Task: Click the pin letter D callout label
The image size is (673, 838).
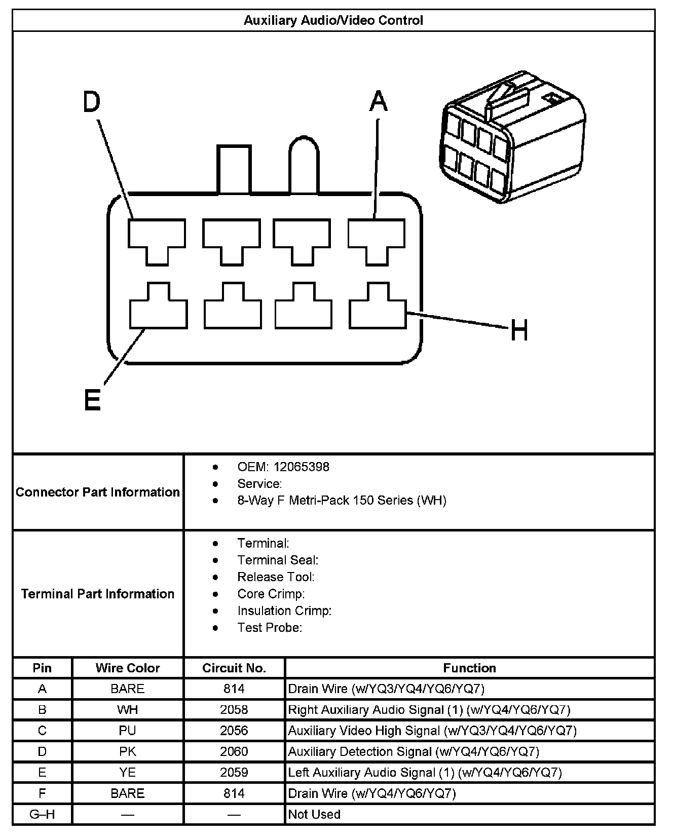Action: tap(92, 102)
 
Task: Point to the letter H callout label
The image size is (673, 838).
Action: tap(519, 330)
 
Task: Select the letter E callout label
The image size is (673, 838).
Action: tap(92, 400)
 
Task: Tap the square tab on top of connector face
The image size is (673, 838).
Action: tap(234, 170)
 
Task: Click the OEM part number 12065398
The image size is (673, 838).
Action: tap(301, 467)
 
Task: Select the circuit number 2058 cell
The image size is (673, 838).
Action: tap(234, 709)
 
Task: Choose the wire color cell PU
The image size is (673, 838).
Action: tap(127, 731)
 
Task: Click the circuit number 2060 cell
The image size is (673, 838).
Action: tap(234, 751)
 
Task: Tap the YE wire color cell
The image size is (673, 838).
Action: tap(127, 772)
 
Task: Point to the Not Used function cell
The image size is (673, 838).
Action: tap(314, 814)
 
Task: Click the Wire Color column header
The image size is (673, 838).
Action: tap(127, 668)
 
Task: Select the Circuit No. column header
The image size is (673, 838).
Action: tap(234, 668)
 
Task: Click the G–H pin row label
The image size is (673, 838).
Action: tap(42, 814)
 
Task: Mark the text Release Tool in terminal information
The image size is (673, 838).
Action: tap(275, 577)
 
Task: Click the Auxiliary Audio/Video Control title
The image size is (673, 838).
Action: tap(333, 20)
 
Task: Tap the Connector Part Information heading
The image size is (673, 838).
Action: tap(98, 492)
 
